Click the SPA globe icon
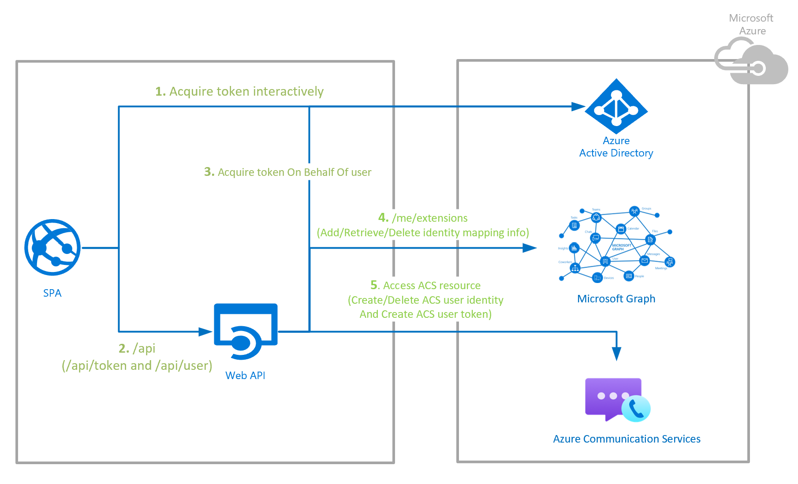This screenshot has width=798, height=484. pyautogui.click(x=52, y=247)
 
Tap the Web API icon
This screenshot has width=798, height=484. pyautogui.click(x=246, y=331)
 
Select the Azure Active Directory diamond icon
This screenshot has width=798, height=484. pyautogui.click(x=616, y=106)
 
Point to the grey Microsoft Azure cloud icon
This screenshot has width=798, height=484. pyautogui.click(x=751, y=62)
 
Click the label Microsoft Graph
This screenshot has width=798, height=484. pyautogui.click(x=616, y=299)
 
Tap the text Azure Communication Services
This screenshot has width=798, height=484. pyautogui.click(x=626, y=439)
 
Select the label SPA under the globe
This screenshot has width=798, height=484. pyautogui.click(x=52, y=293)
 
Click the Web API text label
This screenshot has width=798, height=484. pyautogui.click(x=245, y=376)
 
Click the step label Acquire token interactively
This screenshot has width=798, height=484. pyautogui.click(x=246, y=92)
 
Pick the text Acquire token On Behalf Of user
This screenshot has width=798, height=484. pyautogui.click(x=294, y=172)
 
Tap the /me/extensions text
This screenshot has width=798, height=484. pyautogui.click(x=429, y=218)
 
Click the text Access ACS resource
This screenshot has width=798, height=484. pyautogui.click(x=432, y=286)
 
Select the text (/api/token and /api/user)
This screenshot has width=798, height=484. pyautogui.click(x=137, y=366)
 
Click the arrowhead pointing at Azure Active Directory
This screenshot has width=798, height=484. pyautogui.click(x=578, y=107)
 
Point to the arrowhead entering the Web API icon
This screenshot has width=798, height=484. pyautogui.click(x=205, y=331)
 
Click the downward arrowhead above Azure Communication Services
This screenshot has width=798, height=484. pyautogui.click(x=616, y=354)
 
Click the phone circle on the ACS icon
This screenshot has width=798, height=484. pyautogui.click(x=636, y=409)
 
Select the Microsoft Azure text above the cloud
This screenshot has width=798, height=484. pyautogui.click(x=751, y=24)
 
